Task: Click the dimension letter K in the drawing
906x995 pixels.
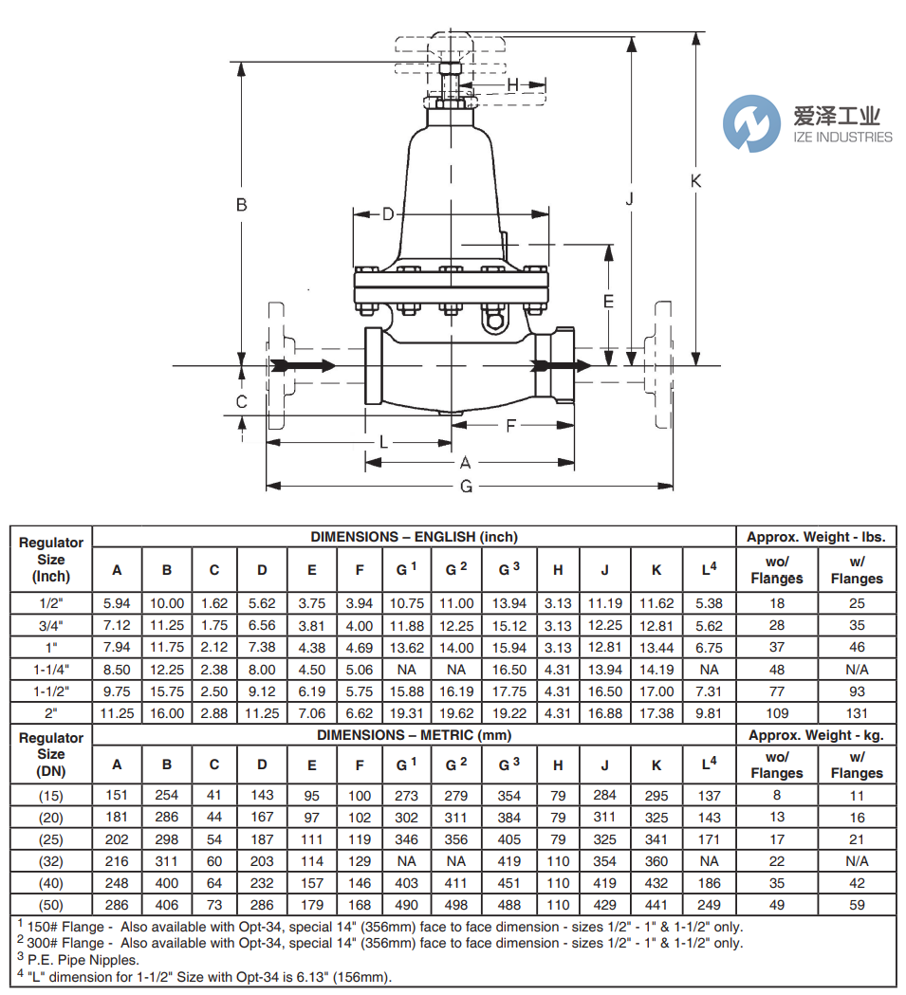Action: (x=695, y=181)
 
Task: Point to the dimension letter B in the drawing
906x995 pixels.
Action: (x=241, y=204)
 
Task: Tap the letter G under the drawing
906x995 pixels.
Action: (x=466, y=487)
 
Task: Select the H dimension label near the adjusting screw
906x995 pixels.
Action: (x=513, y=86)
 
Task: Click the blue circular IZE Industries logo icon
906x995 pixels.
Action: (x=750, y=123)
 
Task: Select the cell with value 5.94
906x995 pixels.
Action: (x=118, y=603)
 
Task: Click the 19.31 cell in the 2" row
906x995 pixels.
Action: (x=406, y=713)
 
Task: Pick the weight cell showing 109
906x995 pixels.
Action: (x=776, y=713)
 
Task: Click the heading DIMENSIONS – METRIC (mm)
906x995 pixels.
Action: (x=414, y=735)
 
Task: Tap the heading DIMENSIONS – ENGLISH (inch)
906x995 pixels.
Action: (x=414, y=537)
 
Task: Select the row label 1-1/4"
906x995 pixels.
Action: (x=51, y=670)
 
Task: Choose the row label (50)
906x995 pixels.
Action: (x=51, y=905)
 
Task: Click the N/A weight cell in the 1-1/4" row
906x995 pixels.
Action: (x=856, y=670)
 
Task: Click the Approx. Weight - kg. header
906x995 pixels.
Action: (x=816, y=735)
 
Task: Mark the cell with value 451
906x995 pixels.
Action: (x=509, y=883)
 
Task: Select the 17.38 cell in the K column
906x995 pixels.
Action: (x=656, y=713)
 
